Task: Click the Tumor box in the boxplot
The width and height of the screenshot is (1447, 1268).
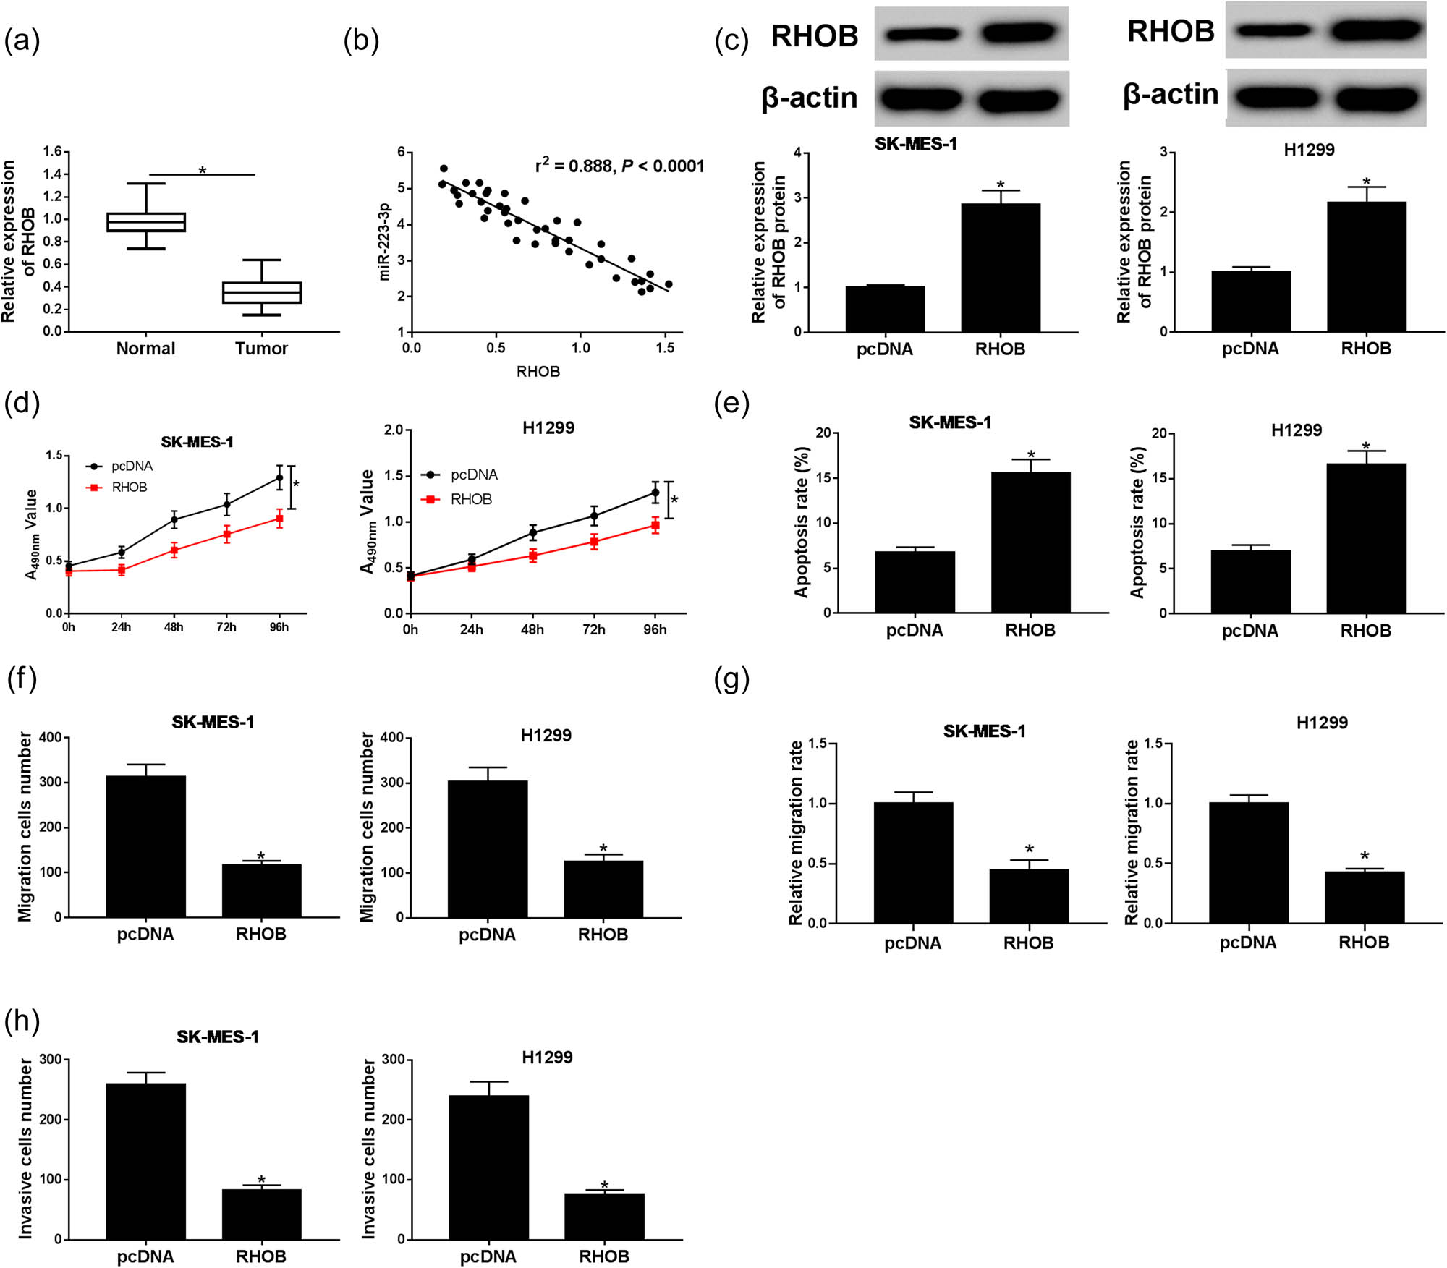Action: coord(261,292)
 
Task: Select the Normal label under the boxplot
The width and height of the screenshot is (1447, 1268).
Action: coord(145,349)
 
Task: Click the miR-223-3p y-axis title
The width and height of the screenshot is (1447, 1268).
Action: coord(384,242)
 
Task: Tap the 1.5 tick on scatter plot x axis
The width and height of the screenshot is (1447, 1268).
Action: coord(664,348)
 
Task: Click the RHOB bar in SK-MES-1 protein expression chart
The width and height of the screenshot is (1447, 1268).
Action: coord(1001,268)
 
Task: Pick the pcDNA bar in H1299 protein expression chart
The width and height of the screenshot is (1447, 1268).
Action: coord(1251,301)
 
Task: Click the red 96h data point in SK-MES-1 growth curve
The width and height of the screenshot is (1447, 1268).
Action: coord(279,519)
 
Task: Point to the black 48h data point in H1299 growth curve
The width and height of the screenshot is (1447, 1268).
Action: coord(533,533)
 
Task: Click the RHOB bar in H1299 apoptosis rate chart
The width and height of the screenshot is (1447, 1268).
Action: coord(1366,538)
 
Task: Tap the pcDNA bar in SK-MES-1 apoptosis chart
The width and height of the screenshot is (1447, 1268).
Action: coord(915,582)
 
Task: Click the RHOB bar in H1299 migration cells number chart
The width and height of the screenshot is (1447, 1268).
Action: coord(603,889)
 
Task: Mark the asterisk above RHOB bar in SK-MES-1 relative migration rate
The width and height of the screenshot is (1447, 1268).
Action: coord(1029,849)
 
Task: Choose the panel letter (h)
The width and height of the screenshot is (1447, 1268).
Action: coord(22,1021)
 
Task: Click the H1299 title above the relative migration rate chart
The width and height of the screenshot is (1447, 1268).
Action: coord(1321,723)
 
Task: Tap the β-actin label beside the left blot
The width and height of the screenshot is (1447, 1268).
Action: coord(810,98)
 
